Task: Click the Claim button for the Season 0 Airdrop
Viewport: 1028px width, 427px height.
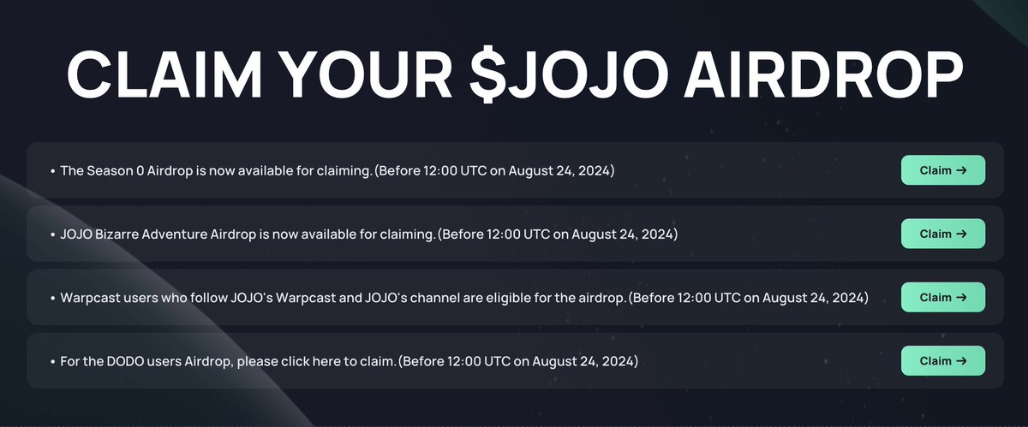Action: pos(942,170)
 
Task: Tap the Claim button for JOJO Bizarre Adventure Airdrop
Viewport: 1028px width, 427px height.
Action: pos(942,234)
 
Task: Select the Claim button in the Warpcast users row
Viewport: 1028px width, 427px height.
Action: pos(942,297)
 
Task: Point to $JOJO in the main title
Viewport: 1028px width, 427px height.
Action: pos(569,74)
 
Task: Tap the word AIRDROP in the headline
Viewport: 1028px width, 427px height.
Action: pos(823,74)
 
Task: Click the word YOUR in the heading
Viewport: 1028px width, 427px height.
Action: pos(365,74)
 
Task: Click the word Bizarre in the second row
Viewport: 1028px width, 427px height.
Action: pos(117,234)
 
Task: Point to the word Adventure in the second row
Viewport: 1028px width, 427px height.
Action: pos(174,234)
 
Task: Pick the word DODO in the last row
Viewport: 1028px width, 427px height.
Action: pos(125,361)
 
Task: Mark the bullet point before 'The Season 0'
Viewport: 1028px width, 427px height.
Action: pos(53,171)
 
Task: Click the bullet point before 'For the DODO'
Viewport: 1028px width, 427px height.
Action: pos(53,362)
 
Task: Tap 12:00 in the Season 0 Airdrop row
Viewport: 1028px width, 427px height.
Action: pos(439,170)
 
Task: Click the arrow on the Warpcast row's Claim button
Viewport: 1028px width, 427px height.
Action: pos(961,297)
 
